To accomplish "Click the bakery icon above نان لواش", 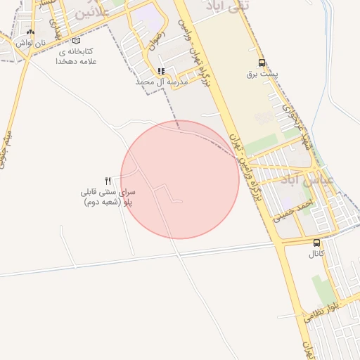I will coord(30,32).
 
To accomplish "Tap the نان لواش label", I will coord(31,43).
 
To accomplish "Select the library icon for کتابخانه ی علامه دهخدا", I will coord(76,41).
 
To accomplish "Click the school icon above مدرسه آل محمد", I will coord(162,71).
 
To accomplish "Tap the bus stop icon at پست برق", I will coord(262,63).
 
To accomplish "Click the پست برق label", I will coord(262,73).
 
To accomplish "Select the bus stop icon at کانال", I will coord(316,243).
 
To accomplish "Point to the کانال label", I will coord(316,254).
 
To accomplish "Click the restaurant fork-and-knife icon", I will coord(108,181).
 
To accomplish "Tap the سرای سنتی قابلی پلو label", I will coord(108,197).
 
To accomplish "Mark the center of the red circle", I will coord(180,179).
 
